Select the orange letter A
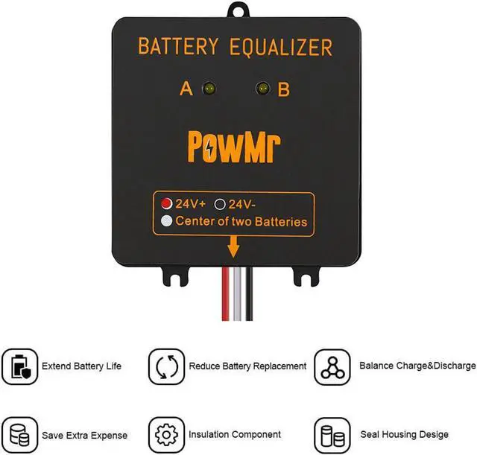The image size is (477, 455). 186,90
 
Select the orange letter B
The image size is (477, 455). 284,90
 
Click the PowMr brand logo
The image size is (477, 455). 235,142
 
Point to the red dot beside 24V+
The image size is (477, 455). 166,203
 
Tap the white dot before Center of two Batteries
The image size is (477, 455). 166,221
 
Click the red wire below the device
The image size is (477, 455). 224,298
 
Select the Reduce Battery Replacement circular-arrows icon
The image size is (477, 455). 165,367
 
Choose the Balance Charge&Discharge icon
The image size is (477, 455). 332,367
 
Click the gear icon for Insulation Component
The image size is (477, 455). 165,434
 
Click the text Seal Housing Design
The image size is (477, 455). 404,434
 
